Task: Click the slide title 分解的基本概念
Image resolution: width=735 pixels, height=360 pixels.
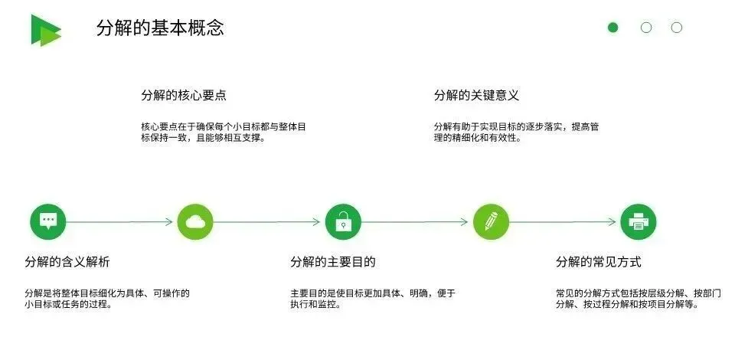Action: (x=160, y=28)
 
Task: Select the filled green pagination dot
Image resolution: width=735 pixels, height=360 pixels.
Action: (x=612, y=28)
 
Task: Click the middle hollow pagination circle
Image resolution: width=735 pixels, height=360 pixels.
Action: (x=646, y=28)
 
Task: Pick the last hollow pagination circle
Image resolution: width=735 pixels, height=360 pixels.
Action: (x=677, y=28)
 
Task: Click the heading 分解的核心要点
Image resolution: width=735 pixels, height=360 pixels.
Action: (x=184, y=96)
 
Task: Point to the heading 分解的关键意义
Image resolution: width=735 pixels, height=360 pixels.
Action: (x=476, y=96)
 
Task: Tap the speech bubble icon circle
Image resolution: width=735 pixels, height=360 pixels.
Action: (x=48, y=221)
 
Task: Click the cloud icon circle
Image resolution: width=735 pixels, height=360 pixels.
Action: (x=195, y=221)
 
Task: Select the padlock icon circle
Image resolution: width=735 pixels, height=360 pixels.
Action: (x=343, y=221)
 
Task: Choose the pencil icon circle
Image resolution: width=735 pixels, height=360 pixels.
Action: (x=491, y=221)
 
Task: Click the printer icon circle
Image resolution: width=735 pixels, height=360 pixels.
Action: (x=638, y=221)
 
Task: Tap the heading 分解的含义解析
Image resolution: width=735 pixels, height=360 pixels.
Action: (x=67, y=262)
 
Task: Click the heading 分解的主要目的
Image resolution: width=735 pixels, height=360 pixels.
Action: (x=333, y=262)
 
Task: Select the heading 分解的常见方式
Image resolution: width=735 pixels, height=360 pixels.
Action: (x=598, y=262)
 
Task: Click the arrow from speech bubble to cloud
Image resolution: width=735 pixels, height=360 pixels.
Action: (x=121, y=222)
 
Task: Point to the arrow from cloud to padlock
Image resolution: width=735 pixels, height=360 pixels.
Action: (x=268, y=222)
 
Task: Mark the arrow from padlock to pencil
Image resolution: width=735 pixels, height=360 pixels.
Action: (x=416, y=222)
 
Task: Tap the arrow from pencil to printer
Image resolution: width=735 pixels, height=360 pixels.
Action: (x=564, y=222)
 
